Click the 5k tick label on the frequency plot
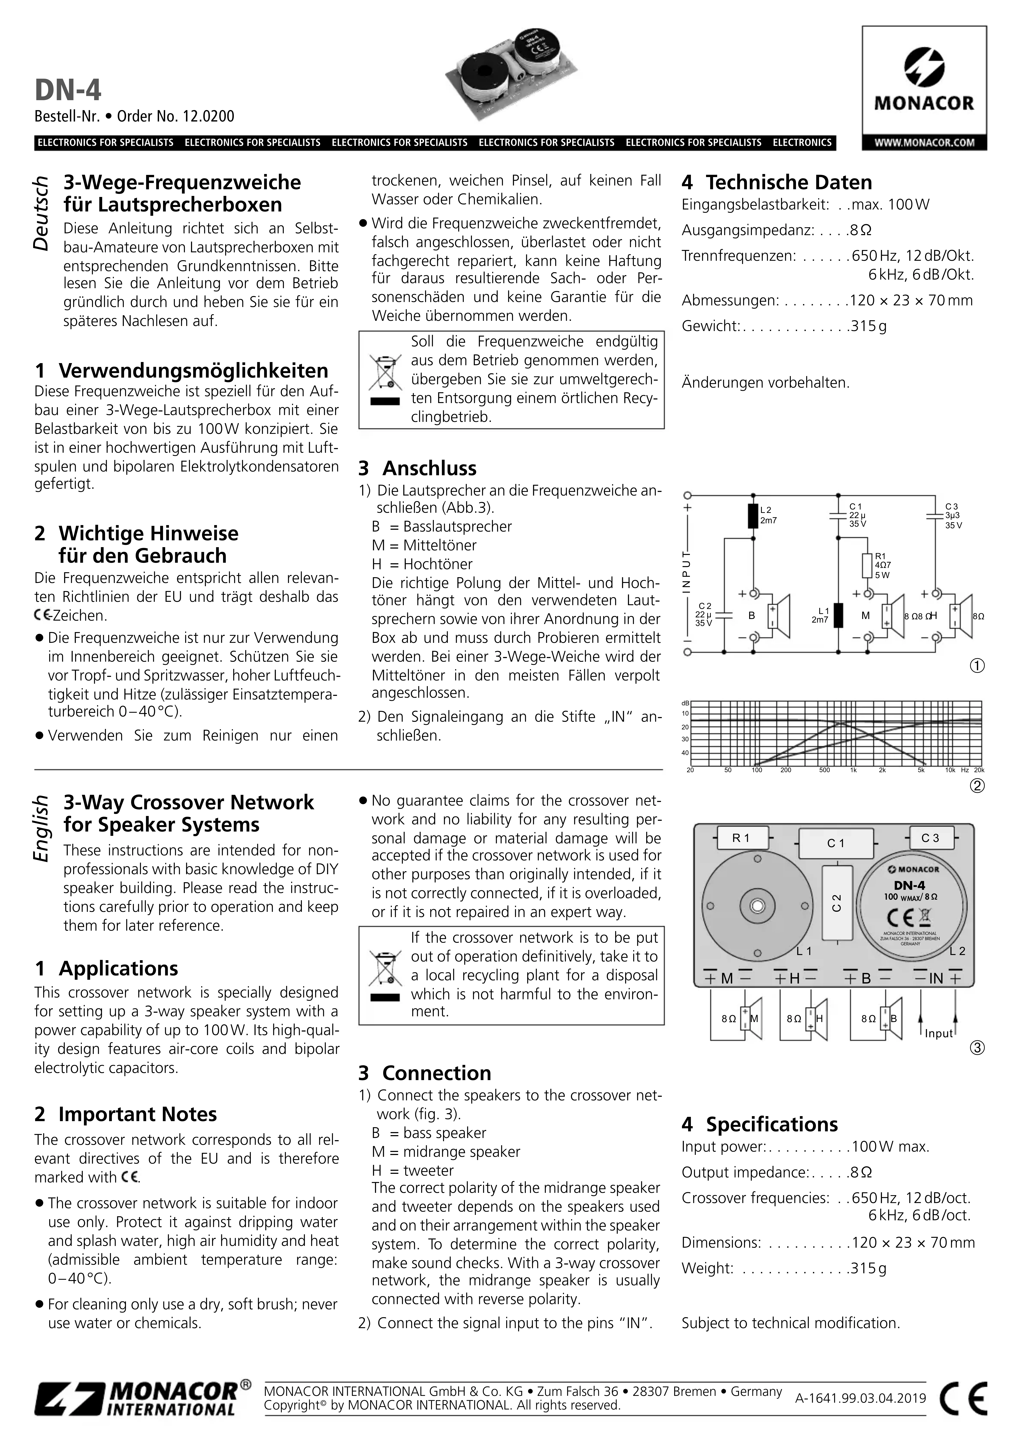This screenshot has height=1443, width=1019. (921, 770)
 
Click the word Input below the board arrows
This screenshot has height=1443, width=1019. (939, 1033)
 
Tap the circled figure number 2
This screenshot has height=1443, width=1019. (977, 786)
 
